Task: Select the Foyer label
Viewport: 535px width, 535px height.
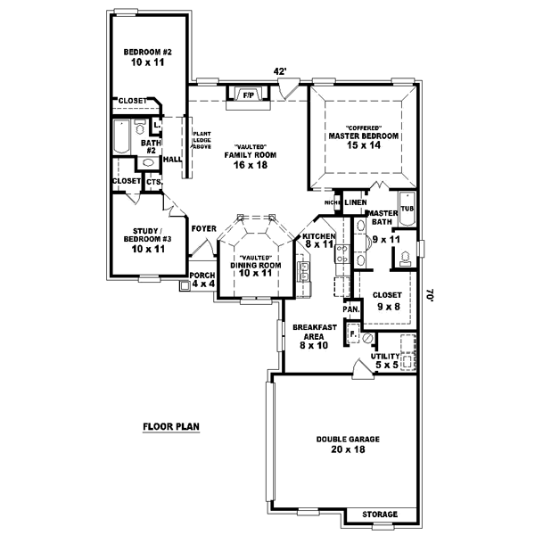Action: pos(203,228)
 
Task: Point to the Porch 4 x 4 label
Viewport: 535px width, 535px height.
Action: pos(202,279)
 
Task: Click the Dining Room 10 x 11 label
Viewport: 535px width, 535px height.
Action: pos(256,266)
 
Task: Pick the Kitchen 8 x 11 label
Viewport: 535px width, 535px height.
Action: pos(318,239)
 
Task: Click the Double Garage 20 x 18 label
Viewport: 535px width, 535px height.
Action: pos(343,444)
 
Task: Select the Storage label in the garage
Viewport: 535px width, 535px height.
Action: pos(378,515)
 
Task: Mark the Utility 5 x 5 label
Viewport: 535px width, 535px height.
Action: pos(389,359)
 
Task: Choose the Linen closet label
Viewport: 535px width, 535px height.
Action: pos(356,202)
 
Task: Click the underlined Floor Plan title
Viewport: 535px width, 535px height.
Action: pos(171,426)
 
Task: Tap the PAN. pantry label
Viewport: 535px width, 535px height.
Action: pos(352,309)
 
